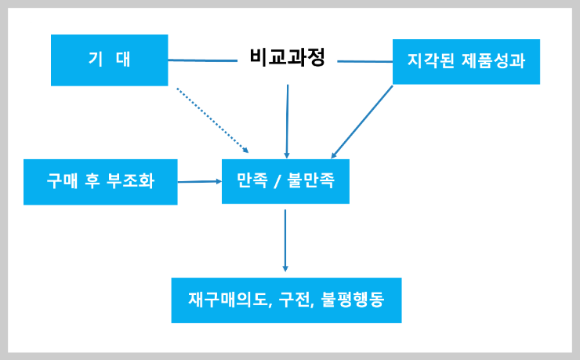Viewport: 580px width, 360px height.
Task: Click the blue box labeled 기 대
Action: point(109,60)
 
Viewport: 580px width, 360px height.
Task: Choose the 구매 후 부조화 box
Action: point(100,182)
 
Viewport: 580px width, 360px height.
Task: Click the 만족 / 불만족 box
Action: point(285,181)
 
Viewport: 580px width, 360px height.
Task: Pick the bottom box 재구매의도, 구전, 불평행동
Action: point(286,300)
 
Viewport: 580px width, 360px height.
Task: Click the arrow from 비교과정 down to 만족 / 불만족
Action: point(288,122)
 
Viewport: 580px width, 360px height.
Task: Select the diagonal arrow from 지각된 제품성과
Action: point(362,122)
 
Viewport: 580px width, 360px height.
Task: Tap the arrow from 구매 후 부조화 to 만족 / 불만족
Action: point(199,181)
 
